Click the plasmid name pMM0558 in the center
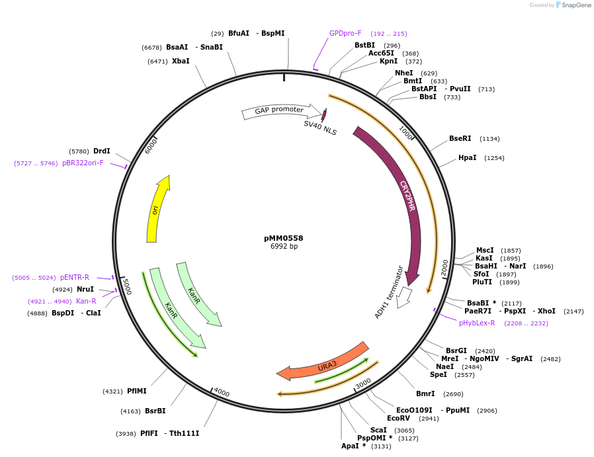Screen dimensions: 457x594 coord(283,238)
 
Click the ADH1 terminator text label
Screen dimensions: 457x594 coord(389,292)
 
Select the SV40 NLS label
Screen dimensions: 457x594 coord(320,128)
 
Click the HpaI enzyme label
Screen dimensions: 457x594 coord(467,158)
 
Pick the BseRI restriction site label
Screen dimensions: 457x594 coord(460,139)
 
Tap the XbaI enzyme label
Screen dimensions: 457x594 coord(181,62)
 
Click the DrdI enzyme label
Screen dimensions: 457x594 coord(102,151)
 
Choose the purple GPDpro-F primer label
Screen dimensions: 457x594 coord(345,33)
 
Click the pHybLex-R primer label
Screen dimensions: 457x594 coord(477,323)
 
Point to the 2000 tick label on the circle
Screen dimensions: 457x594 coord(445,267)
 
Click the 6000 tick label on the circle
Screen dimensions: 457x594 coord(151,145)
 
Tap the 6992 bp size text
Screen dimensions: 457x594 coord(284,247)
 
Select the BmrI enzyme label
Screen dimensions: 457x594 coord(425,394)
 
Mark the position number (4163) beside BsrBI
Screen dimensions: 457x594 coord(130,411)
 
